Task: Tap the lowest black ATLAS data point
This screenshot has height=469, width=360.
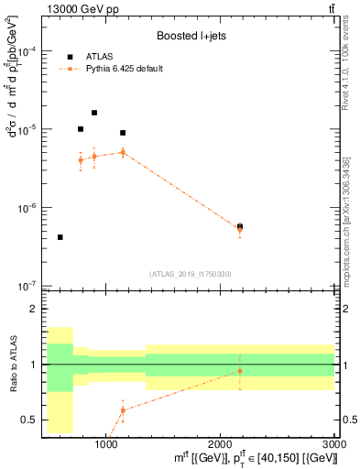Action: click(x=60, y=237)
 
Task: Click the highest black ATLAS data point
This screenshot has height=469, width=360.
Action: click(x=94, y=113)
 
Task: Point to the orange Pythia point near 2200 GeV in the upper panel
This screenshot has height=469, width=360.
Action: click(x=240, y=229)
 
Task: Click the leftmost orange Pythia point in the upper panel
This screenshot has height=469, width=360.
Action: click(x=81, y=159)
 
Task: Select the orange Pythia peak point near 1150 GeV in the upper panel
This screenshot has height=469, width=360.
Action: click(x=123, y=152)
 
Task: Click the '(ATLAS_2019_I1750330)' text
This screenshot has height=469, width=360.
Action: click(x=189, y=274)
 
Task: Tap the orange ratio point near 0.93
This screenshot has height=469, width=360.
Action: click(x=240, y=371)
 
